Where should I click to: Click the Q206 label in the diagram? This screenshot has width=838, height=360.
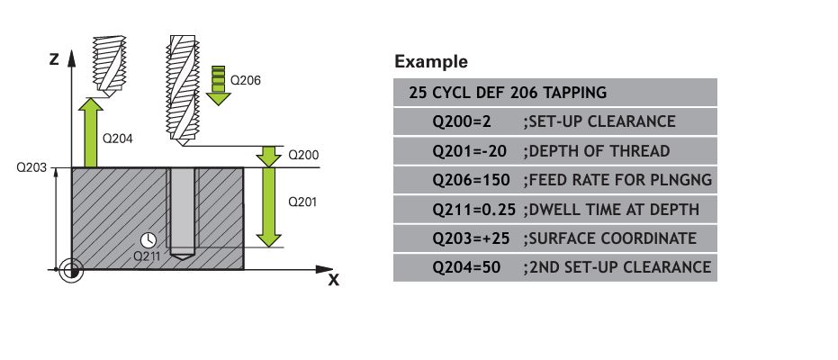pyautogui.click(x=246, y=81)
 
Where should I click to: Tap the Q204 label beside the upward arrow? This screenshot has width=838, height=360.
pyautogui.click(x=117, y=139)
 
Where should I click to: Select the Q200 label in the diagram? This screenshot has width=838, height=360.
pyautogui.click(x=303, y=155)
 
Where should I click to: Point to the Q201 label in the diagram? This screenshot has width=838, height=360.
pyautogui.click(x=302, y=202)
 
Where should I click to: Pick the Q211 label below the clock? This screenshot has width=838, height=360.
pyautogui.click(x=147, y=256)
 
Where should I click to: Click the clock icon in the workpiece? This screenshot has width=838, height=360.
pyautogui.click(x=148, y=239)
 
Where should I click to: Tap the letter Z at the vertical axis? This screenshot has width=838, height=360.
pyautogui.click(x=53, y=59)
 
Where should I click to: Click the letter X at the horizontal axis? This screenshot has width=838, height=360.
pyautogui.click(x=333, y=280)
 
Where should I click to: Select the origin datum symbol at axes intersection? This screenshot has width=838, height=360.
pyautogui.click(x=71, y=270)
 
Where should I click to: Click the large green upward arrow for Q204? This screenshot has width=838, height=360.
pyautogui.click(x=91, y=132)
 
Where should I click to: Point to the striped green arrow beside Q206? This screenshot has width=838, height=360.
pyautogui.click(x=218, y=85)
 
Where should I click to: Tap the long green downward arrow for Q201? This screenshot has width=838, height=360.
pyautogui.click(x=268, y=207)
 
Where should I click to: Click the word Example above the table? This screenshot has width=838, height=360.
pyautogui.click(x=431, y=61)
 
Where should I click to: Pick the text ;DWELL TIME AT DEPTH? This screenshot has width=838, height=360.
pyautogui.click(x=611, y=209)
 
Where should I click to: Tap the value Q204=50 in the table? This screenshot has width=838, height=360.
pyautogui.click(x=466, y=267)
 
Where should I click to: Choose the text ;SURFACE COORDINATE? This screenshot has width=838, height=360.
pyautogui.click(x=609, y=238)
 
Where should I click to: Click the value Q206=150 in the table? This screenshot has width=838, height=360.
pyautogui.click(x=471, y=180)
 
